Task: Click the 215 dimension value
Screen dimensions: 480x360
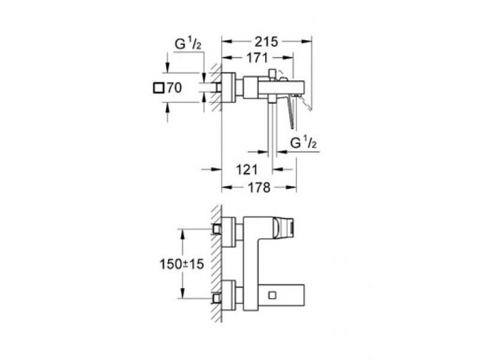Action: (x=266, y=41)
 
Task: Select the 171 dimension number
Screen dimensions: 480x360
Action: (x=257, y=58)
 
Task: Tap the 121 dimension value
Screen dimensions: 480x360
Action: (x=247, y=169)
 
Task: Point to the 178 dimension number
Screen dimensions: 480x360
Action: (x=259, y=188)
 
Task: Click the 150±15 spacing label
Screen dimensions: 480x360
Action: (x=182, y=264)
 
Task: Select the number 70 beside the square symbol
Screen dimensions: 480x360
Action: (x=175, y=88)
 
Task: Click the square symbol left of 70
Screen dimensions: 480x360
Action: (x=158, y=88)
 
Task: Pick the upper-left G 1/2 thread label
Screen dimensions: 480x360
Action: (x=188, y=44)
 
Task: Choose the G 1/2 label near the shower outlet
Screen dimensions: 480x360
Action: (x=304, y=142)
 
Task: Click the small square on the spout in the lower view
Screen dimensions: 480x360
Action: (x=272, y=295)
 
